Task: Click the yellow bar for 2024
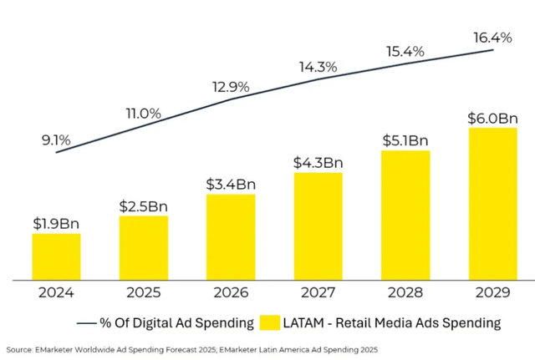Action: pos(56,256)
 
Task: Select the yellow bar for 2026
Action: pos(231,237)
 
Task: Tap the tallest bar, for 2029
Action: pos(492,204)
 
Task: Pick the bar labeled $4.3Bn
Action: pos(318,226)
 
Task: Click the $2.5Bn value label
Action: pos(143,206)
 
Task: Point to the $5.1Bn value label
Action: pos(405,140)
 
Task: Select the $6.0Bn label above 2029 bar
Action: pos(492,119)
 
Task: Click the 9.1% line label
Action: pos(56,140)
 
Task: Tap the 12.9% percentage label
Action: pos(231,87)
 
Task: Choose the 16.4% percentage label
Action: pos(492,38)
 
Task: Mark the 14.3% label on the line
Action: pos(318,67)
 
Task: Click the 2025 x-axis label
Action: pos(143,292)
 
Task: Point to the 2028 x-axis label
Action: pos(405,292)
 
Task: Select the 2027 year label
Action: pos(318,292)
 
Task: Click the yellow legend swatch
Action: pos(269,322)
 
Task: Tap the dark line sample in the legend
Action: pos(86,323)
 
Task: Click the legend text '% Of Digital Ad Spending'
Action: pos(176,323)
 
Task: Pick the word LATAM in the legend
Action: pos(303,322)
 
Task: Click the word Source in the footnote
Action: pos(19,350)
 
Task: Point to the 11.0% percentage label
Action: pos(143,114)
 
